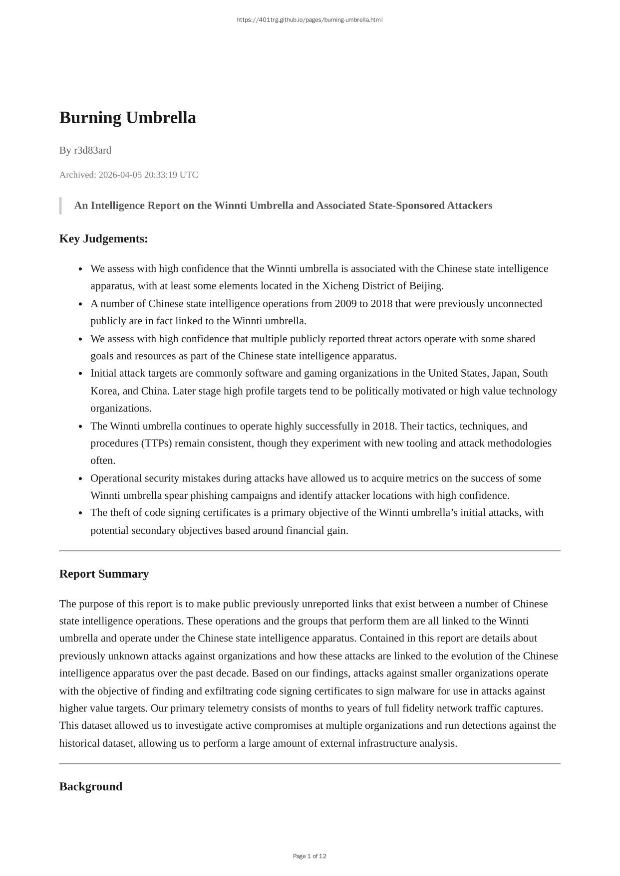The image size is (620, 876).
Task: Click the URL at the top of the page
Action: (x=310, y=20)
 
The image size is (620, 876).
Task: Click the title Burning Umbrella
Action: (x=128, y=118)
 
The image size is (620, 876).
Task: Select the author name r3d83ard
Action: (x=92, y=150)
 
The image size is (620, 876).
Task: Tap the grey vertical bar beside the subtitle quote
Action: (x=60, y=206)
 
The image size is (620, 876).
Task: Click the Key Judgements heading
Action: (x=103, y=238)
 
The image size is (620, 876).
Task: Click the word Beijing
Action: (x=426, y=286)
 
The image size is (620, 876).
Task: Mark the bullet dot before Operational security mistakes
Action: (x=80, y=478)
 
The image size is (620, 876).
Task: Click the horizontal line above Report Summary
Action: (x=310, y=551)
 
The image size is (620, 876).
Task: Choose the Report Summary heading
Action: (x=104, y=574)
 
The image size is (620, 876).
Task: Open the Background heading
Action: (x=90, y=787)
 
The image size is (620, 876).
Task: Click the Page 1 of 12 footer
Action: (x=310, y=856)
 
